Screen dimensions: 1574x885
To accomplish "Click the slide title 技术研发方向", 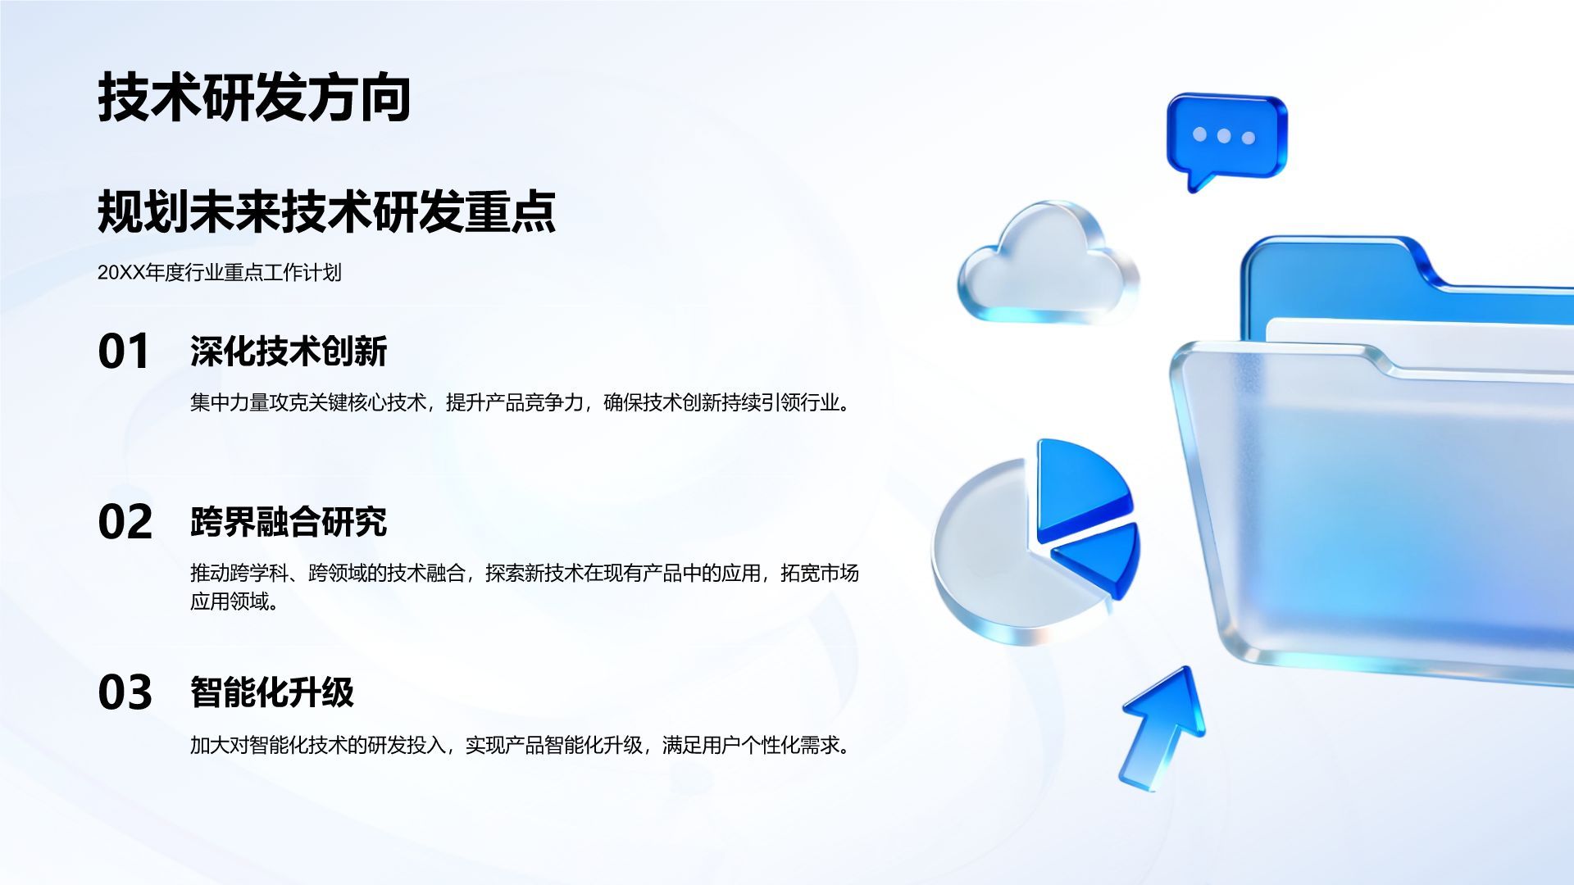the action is click(254, 98).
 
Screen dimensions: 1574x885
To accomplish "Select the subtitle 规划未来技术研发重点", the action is click(327, 211).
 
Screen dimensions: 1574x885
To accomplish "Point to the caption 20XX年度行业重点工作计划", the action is click(220, 273).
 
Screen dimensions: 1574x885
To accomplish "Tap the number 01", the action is click(124, 352).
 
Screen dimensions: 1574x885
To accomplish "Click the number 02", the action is click(125, 522).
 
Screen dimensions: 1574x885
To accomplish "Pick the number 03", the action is click(125, 692).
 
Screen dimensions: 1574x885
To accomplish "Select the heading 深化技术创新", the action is click(289, 352).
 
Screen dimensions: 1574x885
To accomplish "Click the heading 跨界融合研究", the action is click(289, 522).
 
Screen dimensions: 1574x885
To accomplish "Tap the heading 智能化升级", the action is click(272, 692).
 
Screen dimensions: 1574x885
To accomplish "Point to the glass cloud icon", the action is click(1049, 262).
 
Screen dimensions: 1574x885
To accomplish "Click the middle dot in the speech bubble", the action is click(1224, 135).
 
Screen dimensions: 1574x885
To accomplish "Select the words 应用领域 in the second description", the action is click(230, 601).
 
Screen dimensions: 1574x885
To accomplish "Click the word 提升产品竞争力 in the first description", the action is click(515, 402).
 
